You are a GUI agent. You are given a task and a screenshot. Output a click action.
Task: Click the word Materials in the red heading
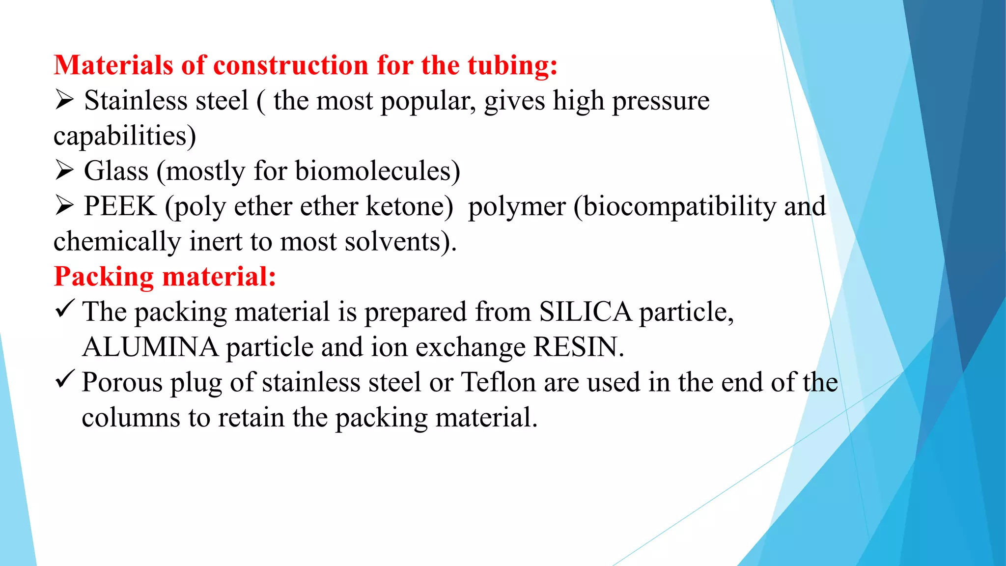point(113,65)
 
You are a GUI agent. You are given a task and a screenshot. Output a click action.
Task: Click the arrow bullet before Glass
point(64,170)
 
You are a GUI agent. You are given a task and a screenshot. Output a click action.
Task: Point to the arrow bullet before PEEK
point(64,205)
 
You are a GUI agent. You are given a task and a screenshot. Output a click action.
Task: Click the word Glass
point(116,171)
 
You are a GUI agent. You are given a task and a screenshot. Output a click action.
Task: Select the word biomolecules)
point(377,171)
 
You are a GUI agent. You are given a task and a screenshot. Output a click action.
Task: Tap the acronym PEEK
point(120,206)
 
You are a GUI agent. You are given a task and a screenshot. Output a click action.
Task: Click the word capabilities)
point(125,136)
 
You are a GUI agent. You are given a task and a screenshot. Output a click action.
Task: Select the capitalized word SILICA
point(585,311)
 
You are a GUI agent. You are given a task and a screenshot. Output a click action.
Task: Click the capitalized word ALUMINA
point(150,347)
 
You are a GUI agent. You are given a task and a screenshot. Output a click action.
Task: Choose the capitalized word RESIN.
point(578,347)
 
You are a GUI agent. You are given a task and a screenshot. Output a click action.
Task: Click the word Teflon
point(498,382)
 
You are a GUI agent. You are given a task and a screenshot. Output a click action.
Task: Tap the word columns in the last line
point(131,418)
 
